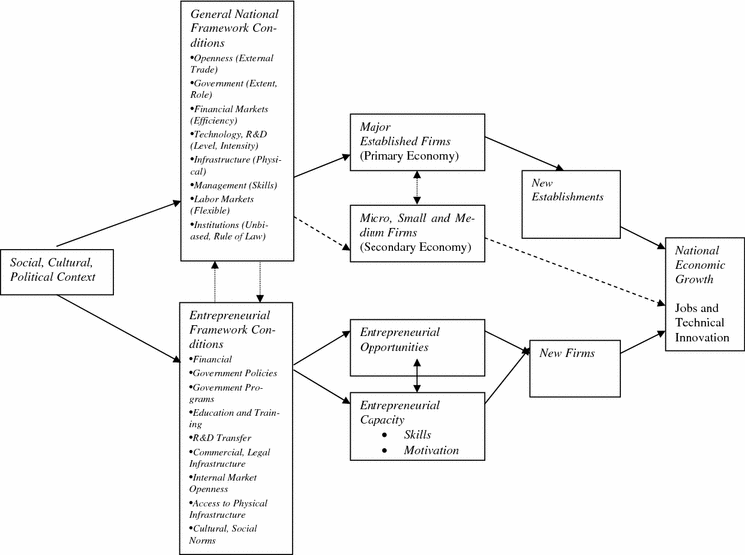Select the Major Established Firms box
416,141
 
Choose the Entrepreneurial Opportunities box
416,339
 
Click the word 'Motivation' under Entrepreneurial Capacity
431,451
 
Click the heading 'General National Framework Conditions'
236,27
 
